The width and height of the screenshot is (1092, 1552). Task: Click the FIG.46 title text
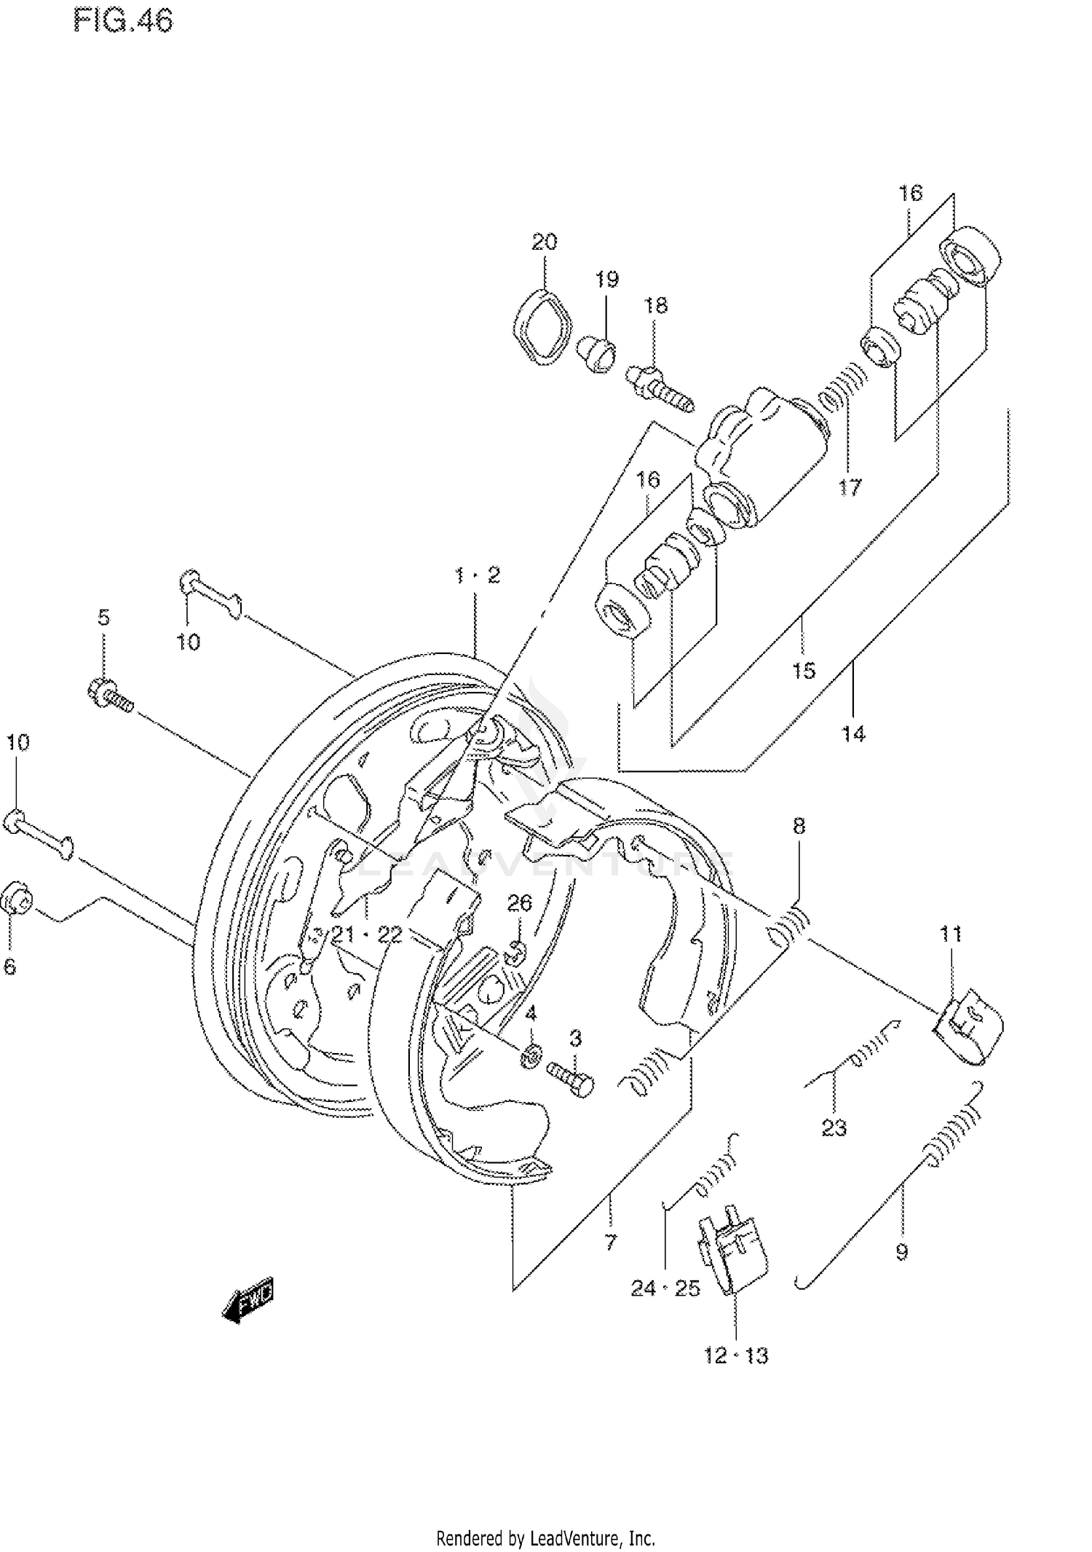pos(123,22)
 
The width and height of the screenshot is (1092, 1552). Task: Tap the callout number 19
pos(606,279)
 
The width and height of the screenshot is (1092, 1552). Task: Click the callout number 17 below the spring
pos(849,487)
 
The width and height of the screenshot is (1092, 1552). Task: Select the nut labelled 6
pos(17,902)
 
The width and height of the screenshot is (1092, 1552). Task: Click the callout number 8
pos(799,825)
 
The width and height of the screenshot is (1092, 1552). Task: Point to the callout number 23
pos(834,1128)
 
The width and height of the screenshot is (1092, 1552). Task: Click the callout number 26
pos(519,903)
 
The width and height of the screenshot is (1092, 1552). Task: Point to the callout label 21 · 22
pos(367,934)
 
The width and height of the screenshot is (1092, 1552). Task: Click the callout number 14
pos(853,733)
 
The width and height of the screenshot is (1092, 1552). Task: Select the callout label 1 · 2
pos(478,575)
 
